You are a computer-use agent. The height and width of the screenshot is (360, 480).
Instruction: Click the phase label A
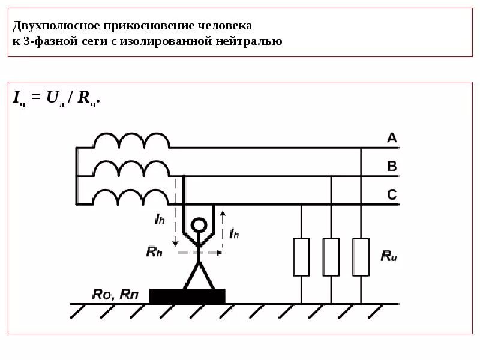pyautogui.click(x=392, y=139)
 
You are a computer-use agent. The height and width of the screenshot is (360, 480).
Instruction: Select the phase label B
pyautogui.click(x=392, y=166)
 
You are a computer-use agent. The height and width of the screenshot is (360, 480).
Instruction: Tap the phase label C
pyautogui.click(x=392, y=194)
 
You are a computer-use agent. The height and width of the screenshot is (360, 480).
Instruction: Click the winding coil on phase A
pyautogui.click(x=131, y=142)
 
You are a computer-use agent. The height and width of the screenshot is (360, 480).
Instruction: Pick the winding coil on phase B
pyautogui.click(x=131, y=169)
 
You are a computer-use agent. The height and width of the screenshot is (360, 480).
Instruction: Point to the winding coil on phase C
pyautogui.click(x=131, y=197)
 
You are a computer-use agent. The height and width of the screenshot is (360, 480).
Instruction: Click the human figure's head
pyautogui.click(x=199, y=226)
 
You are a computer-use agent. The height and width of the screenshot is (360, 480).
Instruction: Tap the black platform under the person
pyautogui.click(x=187, y=296)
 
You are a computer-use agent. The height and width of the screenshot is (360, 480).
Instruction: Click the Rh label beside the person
pyautogui.click(x=154, y=251)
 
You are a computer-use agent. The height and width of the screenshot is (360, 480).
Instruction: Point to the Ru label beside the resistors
pyautogui.click(x=389, y=256)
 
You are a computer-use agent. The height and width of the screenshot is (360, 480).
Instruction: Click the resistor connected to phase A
pyautogui.click(x=361, y=257)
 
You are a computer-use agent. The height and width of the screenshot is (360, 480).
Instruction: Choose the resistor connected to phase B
pyautogui.click(x=331, y=257)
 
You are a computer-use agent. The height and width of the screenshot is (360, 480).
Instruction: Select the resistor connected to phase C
pyautogui.click(x=301, y=257)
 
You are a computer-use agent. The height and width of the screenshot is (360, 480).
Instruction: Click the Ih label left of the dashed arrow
pyautogui.click(x=159, y=220)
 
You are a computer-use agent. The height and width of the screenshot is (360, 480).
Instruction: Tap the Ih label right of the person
pyautogui.click(x=234, y=233)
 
